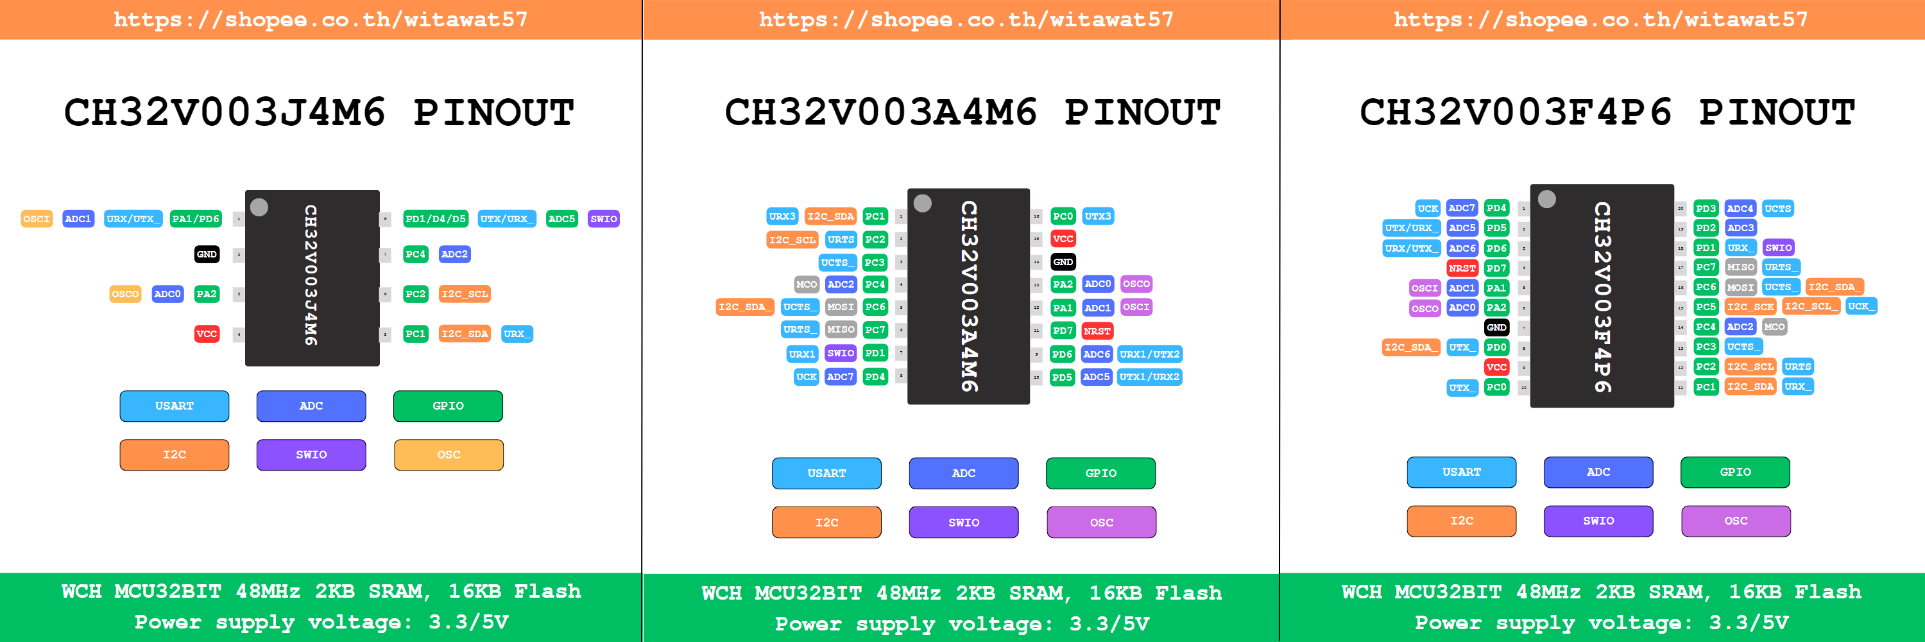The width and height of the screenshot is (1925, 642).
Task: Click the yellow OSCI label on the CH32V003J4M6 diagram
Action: [x=37, y=219]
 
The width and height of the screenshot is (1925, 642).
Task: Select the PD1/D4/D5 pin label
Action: [x=435, y=219]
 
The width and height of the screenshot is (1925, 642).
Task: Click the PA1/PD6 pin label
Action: [x=195, y=219]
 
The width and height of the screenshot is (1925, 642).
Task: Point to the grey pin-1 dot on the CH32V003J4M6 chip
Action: [x=259, y=207]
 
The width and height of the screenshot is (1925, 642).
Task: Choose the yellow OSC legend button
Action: [x=449, y=455]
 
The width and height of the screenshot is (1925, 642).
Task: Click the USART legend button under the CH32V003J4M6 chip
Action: [x=174, y=406]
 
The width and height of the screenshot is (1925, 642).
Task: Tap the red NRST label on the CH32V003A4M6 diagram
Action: [x=1097, y=331]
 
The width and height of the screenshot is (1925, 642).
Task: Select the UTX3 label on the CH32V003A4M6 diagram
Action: [x=1098, y=216]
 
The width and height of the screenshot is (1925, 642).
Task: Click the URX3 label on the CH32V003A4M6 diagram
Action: [x=782, y=216]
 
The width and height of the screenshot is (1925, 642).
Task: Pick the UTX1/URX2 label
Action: [x=1149, y=377]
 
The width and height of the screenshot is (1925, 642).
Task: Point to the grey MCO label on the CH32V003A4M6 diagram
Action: [x=807, y=284]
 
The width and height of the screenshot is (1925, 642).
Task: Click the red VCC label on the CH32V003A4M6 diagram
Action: [x=1063, y=239]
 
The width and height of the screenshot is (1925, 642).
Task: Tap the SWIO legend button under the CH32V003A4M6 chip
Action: [x=963, y=523]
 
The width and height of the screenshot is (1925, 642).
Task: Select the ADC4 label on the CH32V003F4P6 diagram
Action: [x=1740, y=209]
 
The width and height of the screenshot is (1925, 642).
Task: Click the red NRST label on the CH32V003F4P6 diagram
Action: [x=1462, y=268]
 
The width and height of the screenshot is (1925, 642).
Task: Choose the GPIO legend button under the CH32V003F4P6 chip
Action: [x=1735, y=472]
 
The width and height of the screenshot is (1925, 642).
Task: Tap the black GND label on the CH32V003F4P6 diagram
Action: [x=1496, y=327]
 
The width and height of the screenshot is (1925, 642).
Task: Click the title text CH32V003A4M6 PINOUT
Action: [x=972, y=112]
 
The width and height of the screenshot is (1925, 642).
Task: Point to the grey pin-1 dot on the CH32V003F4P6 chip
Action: [x=1547, y=199]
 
